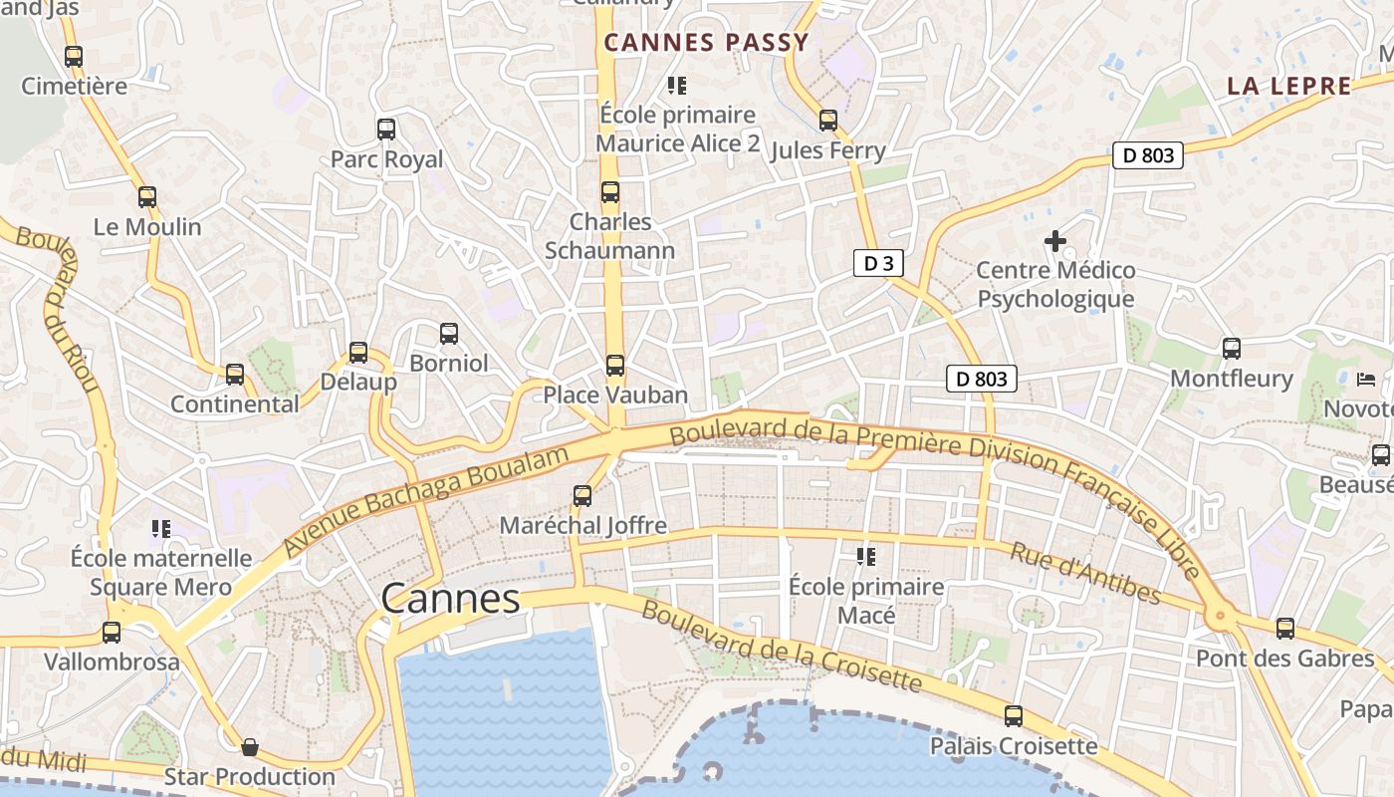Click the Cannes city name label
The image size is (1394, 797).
click(x=450, y=599)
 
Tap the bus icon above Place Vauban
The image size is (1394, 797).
click(x=615, y=366)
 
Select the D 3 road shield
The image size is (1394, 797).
click(x=878, y=263)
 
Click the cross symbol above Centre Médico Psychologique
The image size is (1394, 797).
click(x=1054, y=241)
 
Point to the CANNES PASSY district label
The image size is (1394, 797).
click(x=706, y=42)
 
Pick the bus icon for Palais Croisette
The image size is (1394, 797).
click(x=1014, y=716)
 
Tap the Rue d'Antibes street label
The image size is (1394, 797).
click(x=1085, y=573)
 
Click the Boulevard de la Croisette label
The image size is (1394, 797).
click(x=781, y=646)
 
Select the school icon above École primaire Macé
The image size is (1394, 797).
click(x=866, y=557)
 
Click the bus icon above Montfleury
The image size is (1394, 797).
click(x=1232, y=349)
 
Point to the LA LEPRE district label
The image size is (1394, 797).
click(x=1288, y=86)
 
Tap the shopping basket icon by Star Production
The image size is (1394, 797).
click(x=250, y=746)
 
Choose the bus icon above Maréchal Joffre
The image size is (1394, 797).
click(x=582, y=495)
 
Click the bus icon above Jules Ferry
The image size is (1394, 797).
click(x=828, y=121)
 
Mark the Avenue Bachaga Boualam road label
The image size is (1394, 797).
click(x=426, y=501)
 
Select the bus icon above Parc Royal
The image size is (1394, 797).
click(x=386, y=129)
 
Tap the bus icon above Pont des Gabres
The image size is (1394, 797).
click(x=1285, y=629)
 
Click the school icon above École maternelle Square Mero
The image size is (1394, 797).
click(x=160, y=528)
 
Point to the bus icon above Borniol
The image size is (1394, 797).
click(x=449, y=334)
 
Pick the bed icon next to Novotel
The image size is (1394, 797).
click(x=1367, y=380)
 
